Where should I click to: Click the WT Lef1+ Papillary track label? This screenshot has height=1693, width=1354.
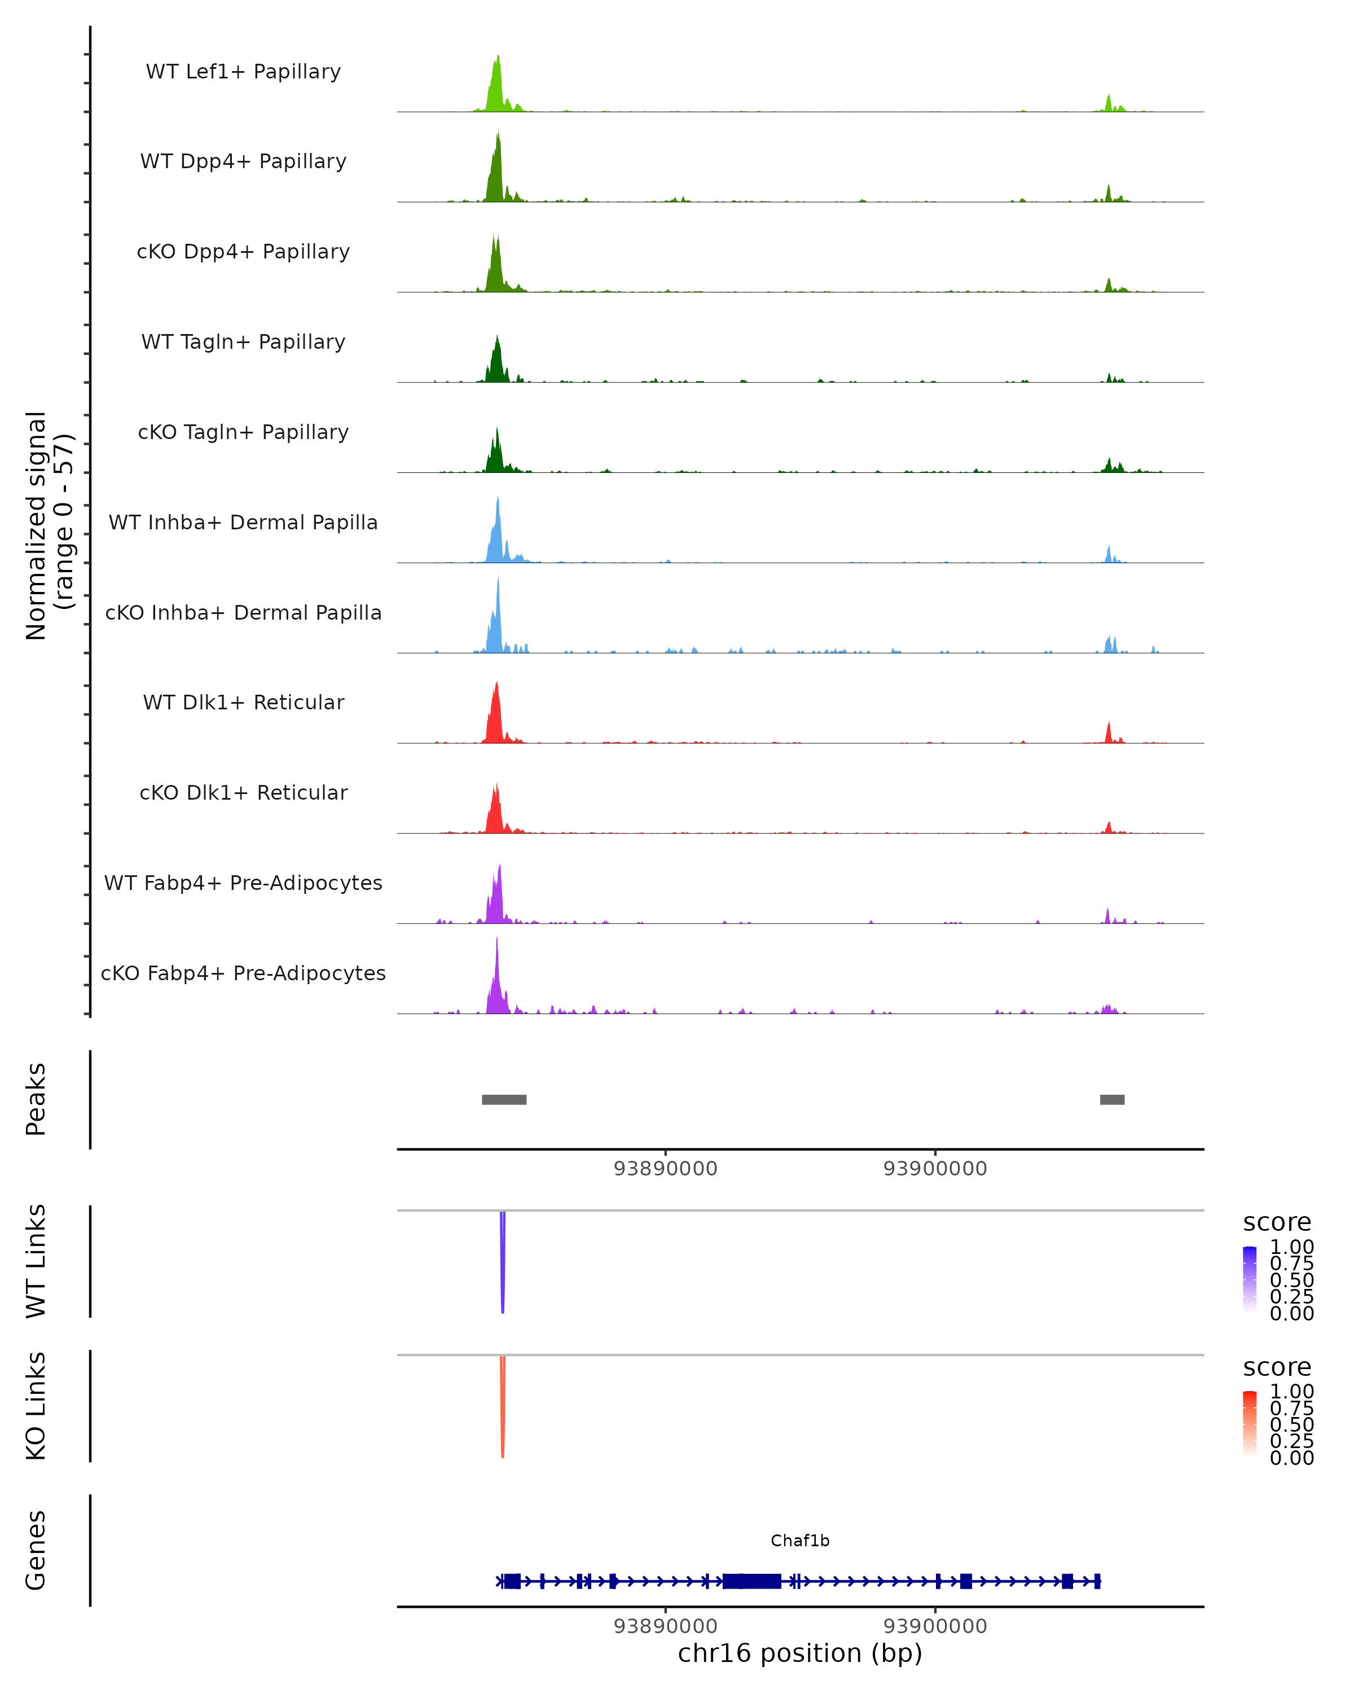point(243,72)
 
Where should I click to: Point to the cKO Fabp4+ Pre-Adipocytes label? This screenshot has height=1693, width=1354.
point(243,973)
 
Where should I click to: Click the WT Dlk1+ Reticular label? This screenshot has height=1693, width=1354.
point(243,702)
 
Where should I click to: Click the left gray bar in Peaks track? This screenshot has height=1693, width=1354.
point(504,1099)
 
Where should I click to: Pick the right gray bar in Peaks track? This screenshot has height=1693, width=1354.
point(1111,1099)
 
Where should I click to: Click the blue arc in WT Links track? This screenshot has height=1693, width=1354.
point(502,1264)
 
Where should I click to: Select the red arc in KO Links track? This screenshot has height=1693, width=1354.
point(502,1410)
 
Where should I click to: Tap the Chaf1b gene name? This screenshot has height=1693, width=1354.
point(800,1541)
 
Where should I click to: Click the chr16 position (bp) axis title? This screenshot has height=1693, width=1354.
point(800,1653)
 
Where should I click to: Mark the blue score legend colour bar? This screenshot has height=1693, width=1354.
point(1250,1279)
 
